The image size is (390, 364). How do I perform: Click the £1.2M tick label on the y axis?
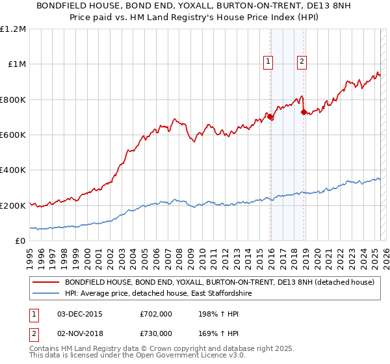click(13, 29)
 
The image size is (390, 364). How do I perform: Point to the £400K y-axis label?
click(13, 170)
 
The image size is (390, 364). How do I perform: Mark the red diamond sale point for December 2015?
click(270, 118)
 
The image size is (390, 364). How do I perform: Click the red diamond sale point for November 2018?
click(304, 112)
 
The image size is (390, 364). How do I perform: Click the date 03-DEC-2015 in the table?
click(80, 313)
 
